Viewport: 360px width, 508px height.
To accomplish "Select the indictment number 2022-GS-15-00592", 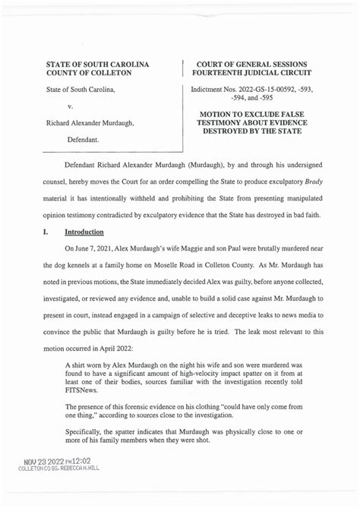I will (x=270, y=90).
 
